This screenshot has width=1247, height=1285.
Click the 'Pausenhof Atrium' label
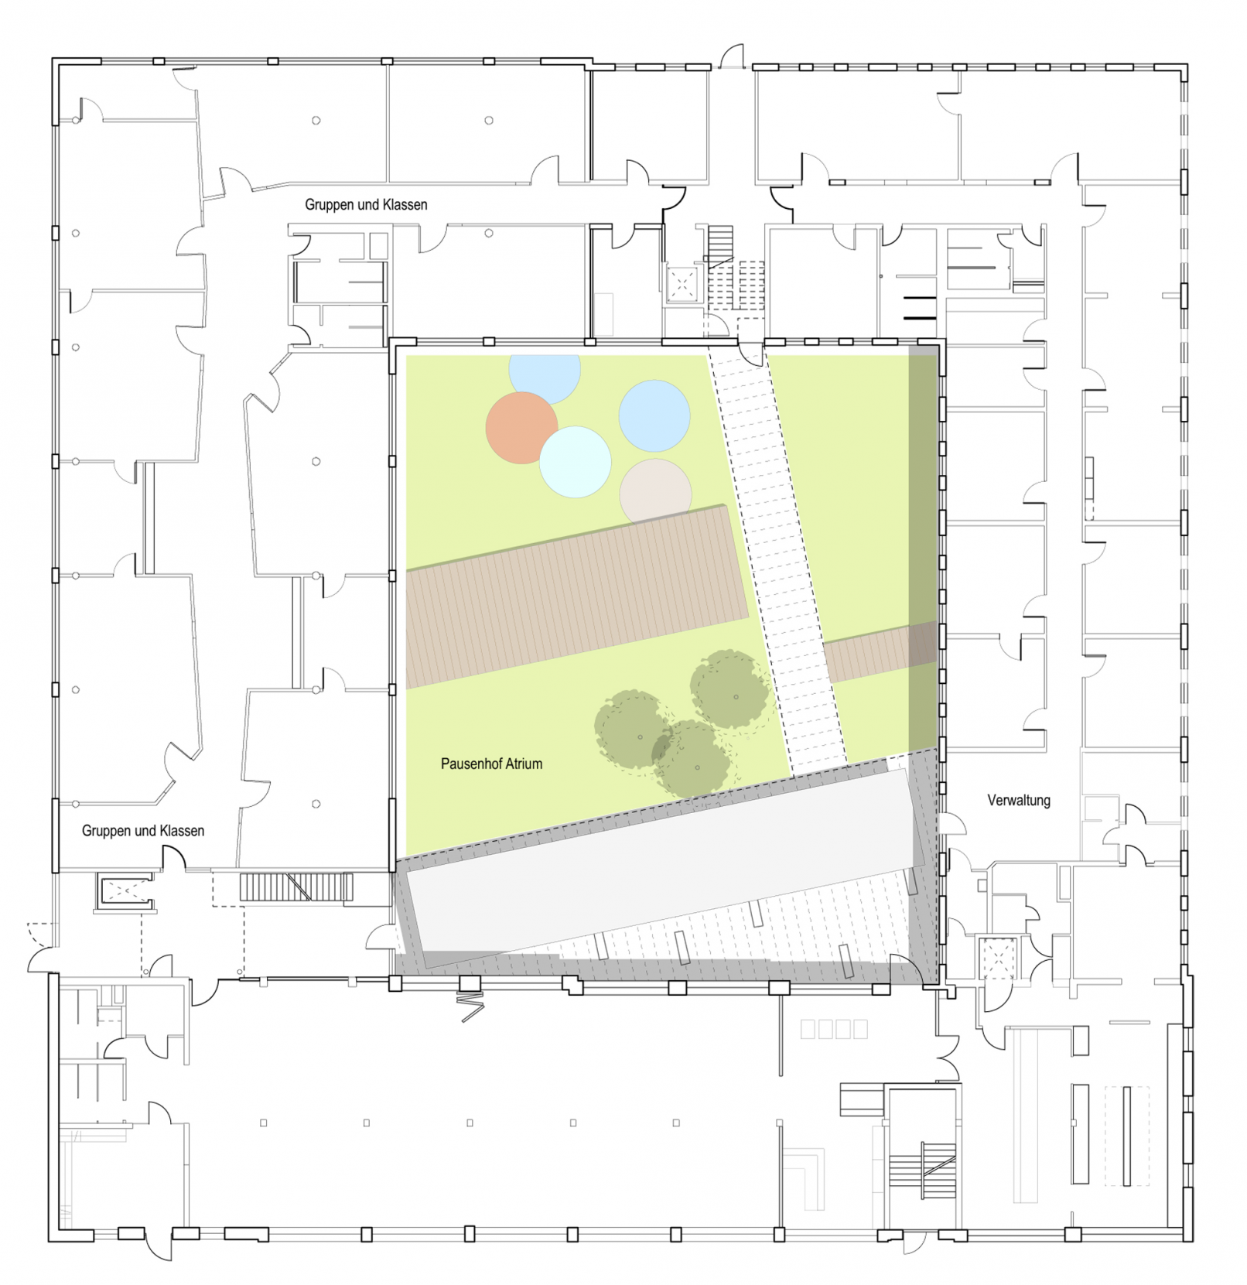pyautogui.click(x=491, y=764)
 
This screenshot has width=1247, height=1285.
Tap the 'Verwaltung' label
pyautogui.click(x=1019, y=800)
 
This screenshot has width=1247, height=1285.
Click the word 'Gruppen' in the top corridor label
pyautogui.click(x=330, y=205)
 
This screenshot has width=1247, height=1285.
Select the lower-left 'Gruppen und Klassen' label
pyautogui.click(x=143, y=831)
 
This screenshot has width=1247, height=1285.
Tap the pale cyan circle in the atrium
pyautogui.click(x=575, y=462)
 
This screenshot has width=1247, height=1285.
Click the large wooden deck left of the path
pyautogui.click(x=576, y=596)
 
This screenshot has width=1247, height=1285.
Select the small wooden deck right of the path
pyautogui.click(x=880, y=652)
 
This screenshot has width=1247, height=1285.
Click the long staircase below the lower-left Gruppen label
pyautogui.click(x=296, y=887)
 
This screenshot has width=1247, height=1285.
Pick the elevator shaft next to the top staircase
pyautogui.click(x=682, y=284)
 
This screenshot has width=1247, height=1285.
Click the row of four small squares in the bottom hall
pyautogui.click(x=834, y=1029)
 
